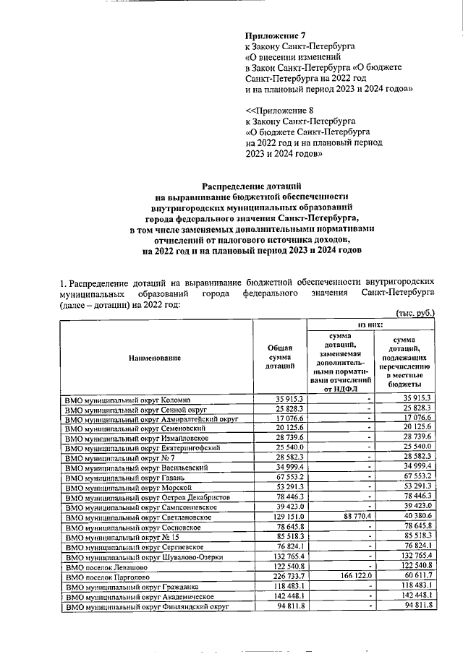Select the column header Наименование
[x=155, y=358]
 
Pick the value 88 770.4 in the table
[x=353, y=517]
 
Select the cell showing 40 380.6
[x=415, y=517]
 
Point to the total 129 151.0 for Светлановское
[x=290, y=517]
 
